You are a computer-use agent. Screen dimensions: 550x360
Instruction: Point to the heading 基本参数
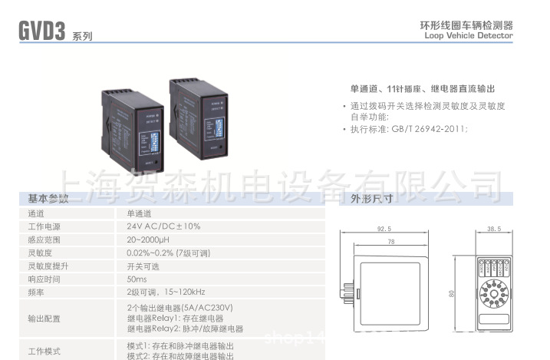click(x=48, y=198)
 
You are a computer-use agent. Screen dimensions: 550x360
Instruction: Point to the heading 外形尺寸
click(x=372, y=198)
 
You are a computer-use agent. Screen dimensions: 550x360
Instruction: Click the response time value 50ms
click(x=138, y=279)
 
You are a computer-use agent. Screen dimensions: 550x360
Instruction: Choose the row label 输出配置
click(x=44, y=318)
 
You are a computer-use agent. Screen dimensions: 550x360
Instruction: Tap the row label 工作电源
click(x=44, y=226)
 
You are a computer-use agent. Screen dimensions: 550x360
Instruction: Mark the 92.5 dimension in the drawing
click(x=384, y=229)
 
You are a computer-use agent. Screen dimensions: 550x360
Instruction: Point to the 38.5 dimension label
click(x=493, y=229)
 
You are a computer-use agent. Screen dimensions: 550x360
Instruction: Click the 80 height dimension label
click(x=453, y=292)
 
